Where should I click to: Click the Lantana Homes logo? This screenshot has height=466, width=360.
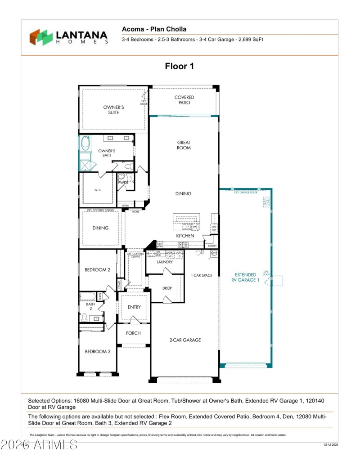(x=69, y=37)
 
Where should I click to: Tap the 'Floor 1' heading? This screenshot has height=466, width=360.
(x=180, y=67)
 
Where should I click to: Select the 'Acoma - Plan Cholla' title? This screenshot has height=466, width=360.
(x=154, y=29)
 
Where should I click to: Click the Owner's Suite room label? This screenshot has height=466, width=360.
(x=113, y=110)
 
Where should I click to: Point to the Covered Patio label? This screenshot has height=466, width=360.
(x=184, y=100)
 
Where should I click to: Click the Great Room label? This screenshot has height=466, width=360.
(x=184, y=145)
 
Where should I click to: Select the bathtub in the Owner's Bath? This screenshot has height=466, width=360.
(x=85, y=143)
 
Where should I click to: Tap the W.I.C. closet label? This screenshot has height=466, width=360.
(x=98, y=190)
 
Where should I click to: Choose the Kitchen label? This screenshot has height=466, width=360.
(x=185, y=236)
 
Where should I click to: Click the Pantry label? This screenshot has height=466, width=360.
(x=212, y=246)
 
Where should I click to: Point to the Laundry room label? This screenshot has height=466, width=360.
(x=165, y=262)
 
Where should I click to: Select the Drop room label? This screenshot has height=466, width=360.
(x=167, y=288)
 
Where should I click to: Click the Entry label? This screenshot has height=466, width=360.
(x=134, y=307)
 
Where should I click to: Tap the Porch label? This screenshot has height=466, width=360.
(x=133, y=333)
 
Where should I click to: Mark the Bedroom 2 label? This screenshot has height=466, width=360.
(x=97, y=270)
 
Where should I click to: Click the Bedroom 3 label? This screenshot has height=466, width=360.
(x=97, y=351)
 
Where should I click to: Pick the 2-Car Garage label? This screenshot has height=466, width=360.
(x=185, y=340)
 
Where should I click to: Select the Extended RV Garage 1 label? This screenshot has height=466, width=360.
(x=246, y=277)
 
